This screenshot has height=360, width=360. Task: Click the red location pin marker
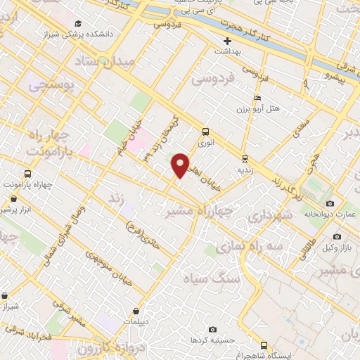pos(181,165)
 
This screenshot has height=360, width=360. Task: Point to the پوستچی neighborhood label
pos(49,85)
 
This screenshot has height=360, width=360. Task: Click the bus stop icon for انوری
pos(205,131)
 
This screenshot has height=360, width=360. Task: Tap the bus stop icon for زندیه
pos(245,158)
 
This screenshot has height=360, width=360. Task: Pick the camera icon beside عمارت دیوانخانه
pos(330,203)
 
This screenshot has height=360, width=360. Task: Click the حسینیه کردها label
pos(207,340)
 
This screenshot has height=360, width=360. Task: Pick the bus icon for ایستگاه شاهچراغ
pos(264,345)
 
